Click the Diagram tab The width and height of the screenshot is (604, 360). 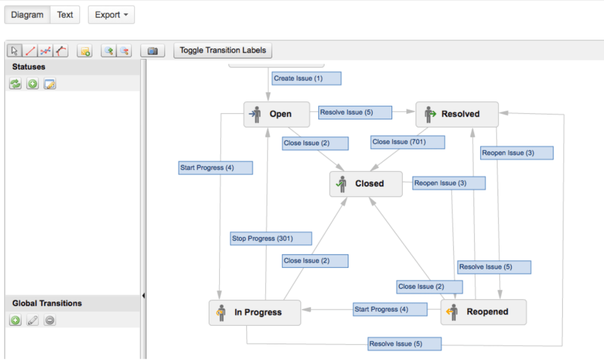click(x=27, y=15)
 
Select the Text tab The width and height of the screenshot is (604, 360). click(x=65, y=15)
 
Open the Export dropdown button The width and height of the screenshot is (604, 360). click(x=111, y=15)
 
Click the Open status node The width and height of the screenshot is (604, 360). click(x=276, y=114)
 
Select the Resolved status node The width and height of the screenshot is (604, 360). click(x=457, y=114)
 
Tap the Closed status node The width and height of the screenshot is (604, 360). click(x=365, y=184)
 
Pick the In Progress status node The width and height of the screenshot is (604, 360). click(x=254, y=312)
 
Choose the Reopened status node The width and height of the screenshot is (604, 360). click(x=483, y=312)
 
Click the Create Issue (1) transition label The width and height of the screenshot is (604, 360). click(x=306, y=78)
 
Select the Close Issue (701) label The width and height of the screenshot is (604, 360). click(x=407, y=142)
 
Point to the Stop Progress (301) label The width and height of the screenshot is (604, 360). click(x=271, y=238)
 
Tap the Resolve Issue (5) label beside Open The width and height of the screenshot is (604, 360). click(x=354, y=112)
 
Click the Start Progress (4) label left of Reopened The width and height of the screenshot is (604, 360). click(x=390, y=309)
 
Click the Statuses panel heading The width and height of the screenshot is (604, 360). click(x=29, y=67)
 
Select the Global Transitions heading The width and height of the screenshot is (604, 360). click(x=47, y=303)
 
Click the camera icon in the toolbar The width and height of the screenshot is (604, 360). click(x=152, y=51)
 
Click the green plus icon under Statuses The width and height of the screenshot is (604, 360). click(x=32, y=84)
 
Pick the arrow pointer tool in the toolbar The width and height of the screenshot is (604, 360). click(x=15, y=51)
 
